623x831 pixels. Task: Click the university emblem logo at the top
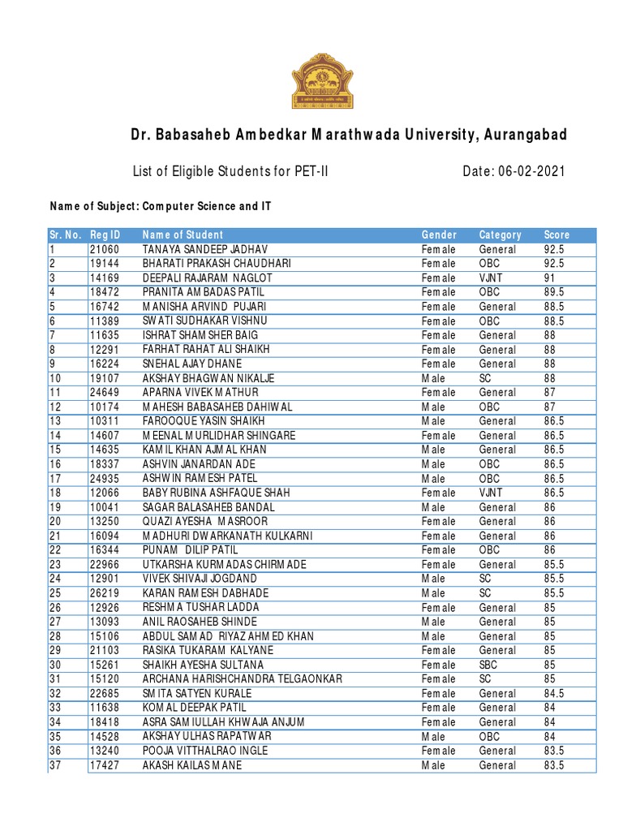tap(322, 80)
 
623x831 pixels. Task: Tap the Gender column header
tap(439, 235)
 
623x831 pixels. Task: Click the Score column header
tap(556, 235)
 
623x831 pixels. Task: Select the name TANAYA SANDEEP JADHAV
tap(205, 249)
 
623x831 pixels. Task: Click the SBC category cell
tap(488, 665)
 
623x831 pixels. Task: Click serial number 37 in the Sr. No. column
tap(55, 765)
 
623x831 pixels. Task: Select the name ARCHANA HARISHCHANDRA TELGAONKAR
tap(243, 679)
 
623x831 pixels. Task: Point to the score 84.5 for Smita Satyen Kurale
tap(553, 694)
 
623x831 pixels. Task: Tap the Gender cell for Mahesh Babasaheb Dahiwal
tap(433, 407)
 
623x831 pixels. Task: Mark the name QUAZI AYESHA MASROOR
tap(208, 522)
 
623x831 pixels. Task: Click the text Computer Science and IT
tap(207, 207)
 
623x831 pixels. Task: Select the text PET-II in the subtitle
tap(309, 171)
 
